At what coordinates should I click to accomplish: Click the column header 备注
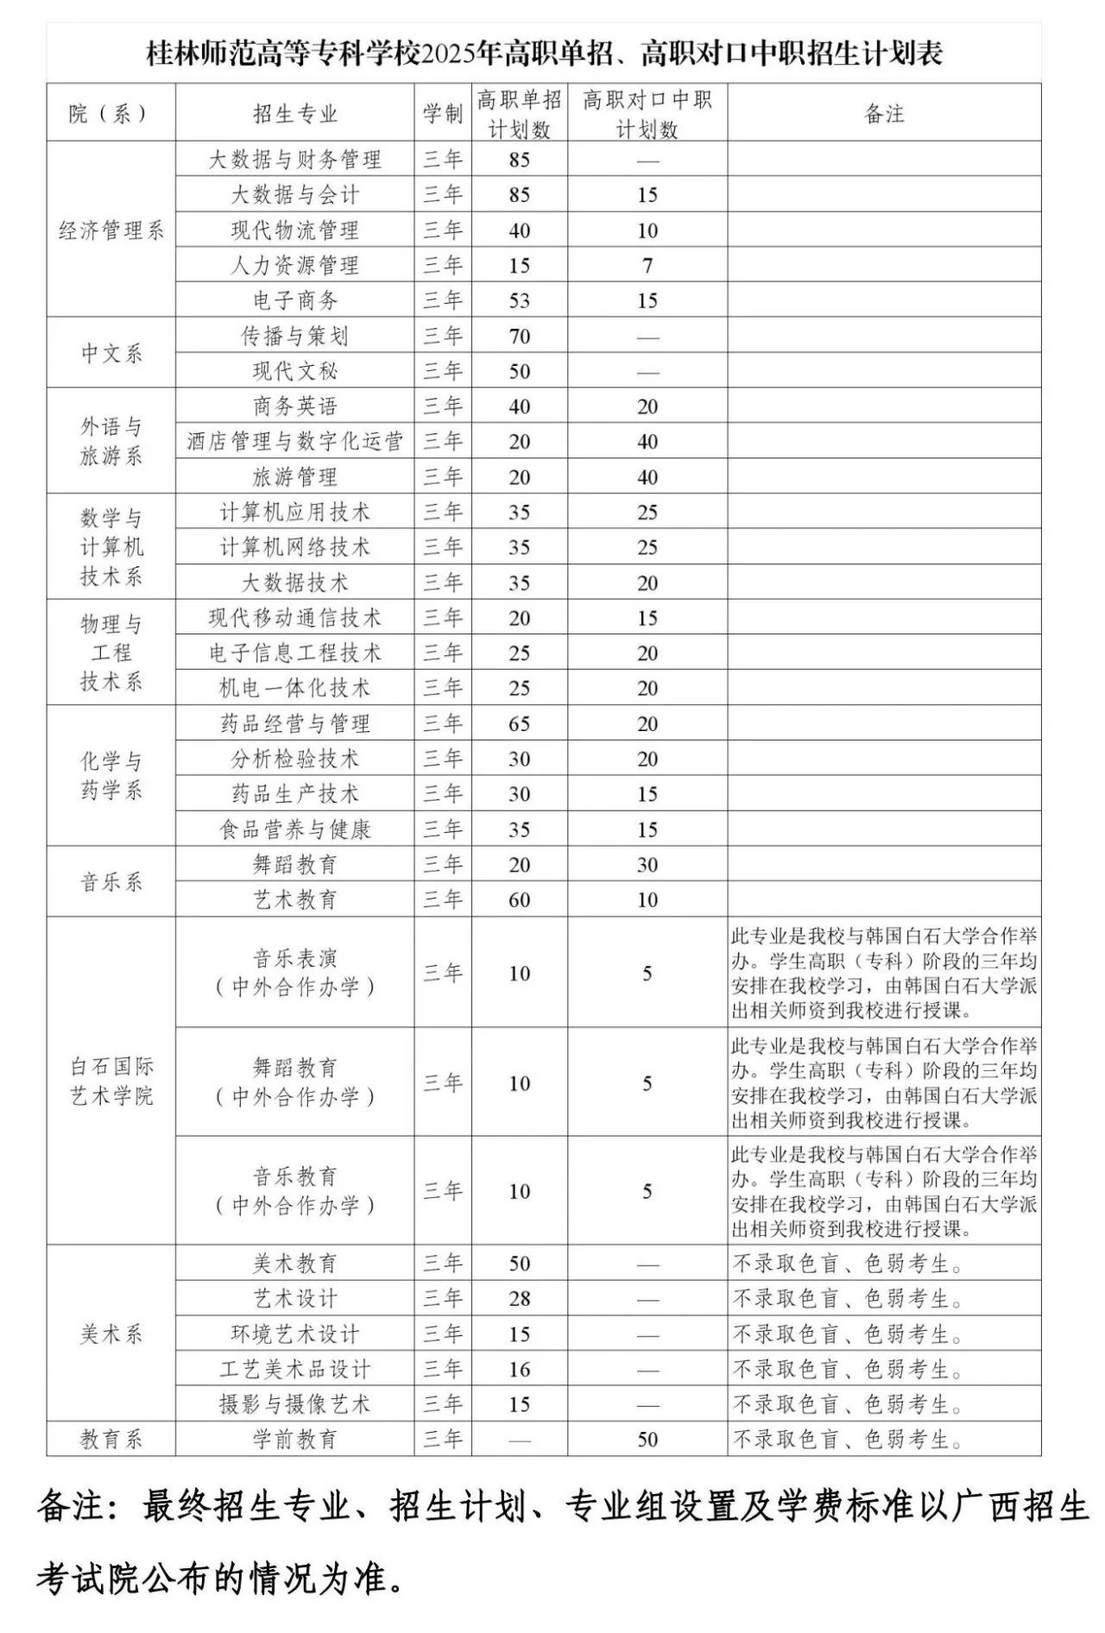point(884,113)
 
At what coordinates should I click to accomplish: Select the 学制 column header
point(443,113)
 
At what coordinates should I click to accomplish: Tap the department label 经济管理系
point(110,230)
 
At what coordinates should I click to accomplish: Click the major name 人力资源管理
point(294,266)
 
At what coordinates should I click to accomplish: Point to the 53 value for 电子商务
point(519,301)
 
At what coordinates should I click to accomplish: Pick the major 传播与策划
point(294,337)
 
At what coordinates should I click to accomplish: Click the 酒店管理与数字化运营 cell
point(294,442)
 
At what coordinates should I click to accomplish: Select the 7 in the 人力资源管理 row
point(647,266)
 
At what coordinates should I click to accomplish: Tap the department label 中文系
point(110,354)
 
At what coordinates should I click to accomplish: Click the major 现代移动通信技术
point(294,618)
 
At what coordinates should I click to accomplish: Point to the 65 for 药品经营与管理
point(519,724)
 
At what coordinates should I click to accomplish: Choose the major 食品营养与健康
point(294,829)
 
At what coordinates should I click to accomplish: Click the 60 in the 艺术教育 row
point(519,900)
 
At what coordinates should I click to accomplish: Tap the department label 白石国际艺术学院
point(110,1081)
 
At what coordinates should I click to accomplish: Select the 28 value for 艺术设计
point(519,1299)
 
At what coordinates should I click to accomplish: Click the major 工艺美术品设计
point(294,1370)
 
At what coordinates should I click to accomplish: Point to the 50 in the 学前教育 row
point(647,1440)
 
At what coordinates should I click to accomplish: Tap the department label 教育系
point(110,1440)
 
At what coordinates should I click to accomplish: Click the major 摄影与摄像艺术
point(294,1404)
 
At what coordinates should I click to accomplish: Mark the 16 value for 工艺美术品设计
point(519,1370)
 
